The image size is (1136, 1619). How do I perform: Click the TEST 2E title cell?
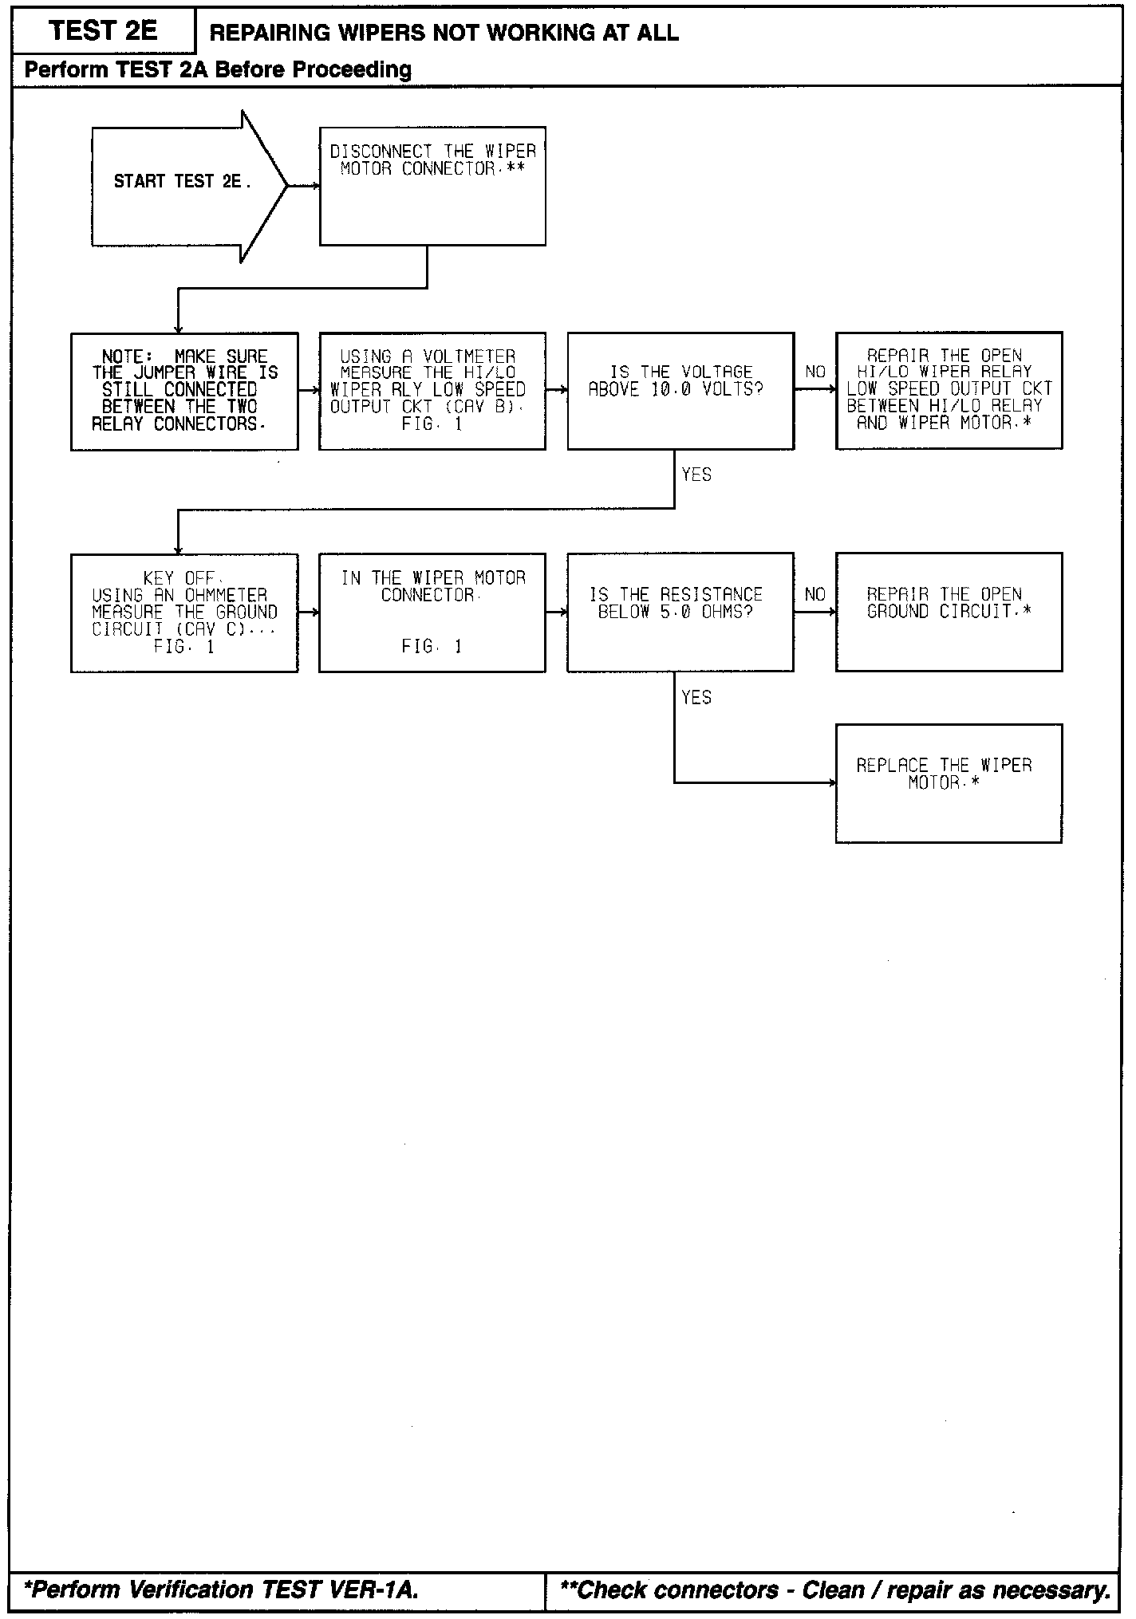[103, 31]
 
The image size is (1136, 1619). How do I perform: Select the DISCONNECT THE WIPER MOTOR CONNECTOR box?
[432, 185]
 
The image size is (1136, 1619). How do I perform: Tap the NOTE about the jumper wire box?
[184, 391]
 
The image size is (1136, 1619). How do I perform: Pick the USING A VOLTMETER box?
[432, 391]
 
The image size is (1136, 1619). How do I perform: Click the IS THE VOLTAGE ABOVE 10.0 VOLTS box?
[680, 391]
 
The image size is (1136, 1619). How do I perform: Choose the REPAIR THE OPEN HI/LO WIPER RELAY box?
[949, 391]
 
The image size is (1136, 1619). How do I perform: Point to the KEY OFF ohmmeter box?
[184, 613]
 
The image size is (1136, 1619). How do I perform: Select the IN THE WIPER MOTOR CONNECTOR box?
[432, 613]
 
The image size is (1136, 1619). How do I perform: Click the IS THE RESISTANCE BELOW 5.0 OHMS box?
[680, 613]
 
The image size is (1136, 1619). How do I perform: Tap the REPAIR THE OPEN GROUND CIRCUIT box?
[949, 613]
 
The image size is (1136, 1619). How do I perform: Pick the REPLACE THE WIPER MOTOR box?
[949, 783]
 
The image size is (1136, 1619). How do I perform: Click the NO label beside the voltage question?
[815, 372]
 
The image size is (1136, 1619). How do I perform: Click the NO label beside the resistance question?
[815, 594]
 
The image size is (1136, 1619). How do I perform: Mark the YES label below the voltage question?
[696, 475]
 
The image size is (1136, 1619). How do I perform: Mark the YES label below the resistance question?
[696, 698]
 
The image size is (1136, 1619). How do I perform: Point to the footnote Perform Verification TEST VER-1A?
[222, 1589]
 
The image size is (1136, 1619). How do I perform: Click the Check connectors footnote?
[835, 1589]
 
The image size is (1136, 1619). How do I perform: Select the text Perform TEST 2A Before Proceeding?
[218, 70]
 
